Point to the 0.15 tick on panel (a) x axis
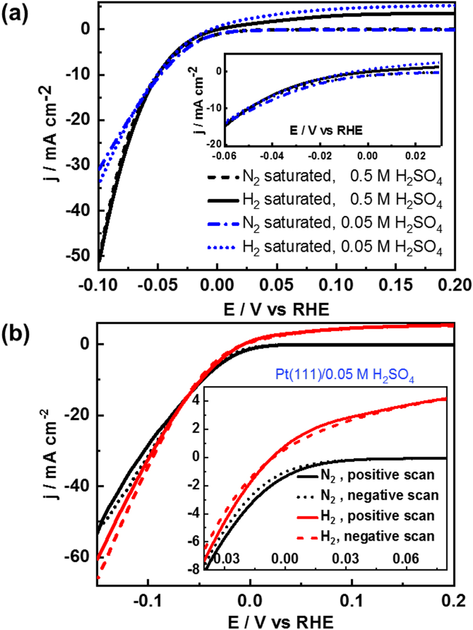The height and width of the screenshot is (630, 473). (395, 285)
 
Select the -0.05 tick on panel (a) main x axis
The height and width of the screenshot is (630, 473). (158, 285)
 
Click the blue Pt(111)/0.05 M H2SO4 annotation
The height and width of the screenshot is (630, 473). (345, 376)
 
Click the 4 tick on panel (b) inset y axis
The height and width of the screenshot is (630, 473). (195, 401)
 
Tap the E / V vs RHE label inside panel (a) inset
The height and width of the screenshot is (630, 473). (326, 130)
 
